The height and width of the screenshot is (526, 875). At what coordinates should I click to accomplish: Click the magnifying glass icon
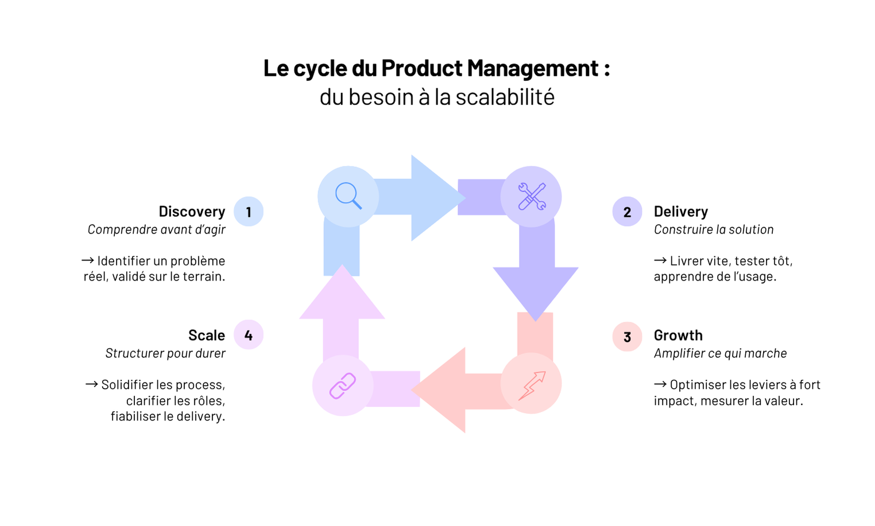click(x=349, y=196)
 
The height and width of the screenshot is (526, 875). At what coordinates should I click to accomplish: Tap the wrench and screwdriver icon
click(x=531, y=196)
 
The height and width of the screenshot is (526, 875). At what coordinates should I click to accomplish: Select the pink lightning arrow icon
click(x=531, y=384)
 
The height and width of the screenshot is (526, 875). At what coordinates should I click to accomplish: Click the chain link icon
click(x=343, y=385)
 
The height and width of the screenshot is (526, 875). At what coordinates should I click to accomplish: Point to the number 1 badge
click(x=249, y=212)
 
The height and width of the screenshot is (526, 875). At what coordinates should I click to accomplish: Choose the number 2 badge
click(x=627, y=212)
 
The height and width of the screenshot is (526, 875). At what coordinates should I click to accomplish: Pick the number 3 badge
click(x=627, y=337)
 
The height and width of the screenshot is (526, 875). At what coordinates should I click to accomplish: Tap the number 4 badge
click(x=249, y=335)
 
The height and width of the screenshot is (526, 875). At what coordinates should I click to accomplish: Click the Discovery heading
click(x=192, y=212)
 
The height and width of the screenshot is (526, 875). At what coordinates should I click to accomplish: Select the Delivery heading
click(x=680, y=212)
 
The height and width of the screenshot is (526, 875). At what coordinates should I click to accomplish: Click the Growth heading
click(x=678, y=336)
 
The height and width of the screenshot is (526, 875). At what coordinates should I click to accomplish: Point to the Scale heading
click(x=207, y=336)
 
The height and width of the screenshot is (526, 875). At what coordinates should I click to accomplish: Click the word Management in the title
click(x=533, y=68)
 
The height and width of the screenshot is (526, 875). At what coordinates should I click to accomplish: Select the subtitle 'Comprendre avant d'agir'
click(x=156, y=229)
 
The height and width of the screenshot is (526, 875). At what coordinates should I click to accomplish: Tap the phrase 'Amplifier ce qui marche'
click(x=720, y=353)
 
